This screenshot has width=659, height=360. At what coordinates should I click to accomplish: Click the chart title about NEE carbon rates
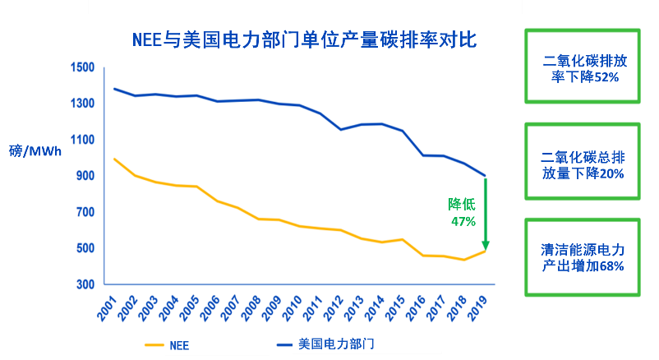coord(305,39)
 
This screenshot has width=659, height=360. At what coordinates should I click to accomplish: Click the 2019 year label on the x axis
coord(476,310)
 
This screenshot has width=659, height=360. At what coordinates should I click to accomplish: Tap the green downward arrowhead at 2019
coord(486,245)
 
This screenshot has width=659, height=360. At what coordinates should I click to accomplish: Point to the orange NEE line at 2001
coord(115,159)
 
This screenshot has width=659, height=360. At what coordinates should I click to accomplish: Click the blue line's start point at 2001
coord(115,89)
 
